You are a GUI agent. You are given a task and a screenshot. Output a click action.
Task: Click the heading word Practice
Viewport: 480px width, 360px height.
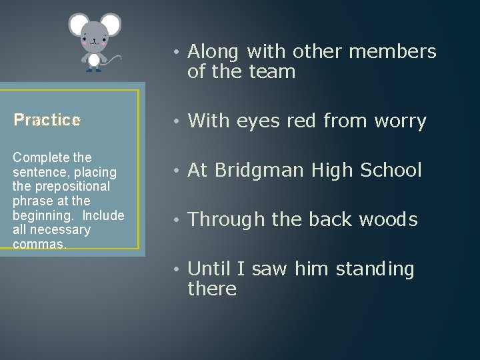(x=47, y=120)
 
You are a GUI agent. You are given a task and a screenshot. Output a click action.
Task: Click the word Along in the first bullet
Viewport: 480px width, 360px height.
(x=213, y=52)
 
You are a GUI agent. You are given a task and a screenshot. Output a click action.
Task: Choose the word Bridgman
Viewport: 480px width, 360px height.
(x=271, y=171)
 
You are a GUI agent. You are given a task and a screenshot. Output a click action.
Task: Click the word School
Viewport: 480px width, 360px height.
(x=391, y=171)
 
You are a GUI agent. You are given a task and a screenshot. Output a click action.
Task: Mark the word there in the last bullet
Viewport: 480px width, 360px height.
(x=212, y=289)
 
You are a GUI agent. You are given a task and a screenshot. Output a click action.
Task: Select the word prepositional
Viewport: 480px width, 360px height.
(x=72, y=186)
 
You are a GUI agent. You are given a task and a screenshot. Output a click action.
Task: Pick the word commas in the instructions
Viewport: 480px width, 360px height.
(x=37, y=243)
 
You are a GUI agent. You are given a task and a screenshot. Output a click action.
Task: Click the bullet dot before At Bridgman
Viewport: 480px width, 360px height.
(x=175, y=171)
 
